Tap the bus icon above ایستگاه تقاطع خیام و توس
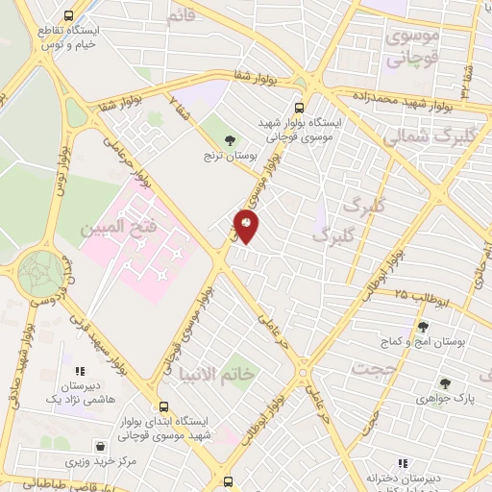pyautogui.click(x=68, y=15)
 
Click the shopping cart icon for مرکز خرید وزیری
pyautogui.click(x=100, y=447)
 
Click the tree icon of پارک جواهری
pyautogui.click(x=446, y=382)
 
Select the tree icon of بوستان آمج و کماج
pyautogui.click(x=423, y=328)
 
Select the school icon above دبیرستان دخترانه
pyautogui.click(x=403, y=463)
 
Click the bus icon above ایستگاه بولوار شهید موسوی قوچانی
pyautogui.click(x=299, y=108)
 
